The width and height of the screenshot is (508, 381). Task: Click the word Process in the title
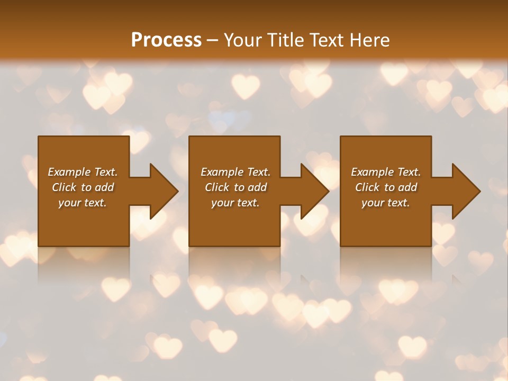click(x=166, y=40)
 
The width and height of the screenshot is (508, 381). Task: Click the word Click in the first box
click(x=64, y=187)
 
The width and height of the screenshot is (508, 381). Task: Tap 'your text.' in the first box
click(x=83, y=203)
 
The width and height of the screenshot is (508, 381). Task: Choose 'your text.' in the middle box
click(x=235, y=203)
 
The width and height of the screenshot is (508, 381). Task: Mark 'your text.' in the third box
click(x=385, y=203)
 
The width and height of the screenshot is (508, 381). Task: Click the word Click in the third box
click(x=367, y=187)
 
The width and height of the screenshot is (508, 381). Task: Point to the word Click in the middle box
click(x=217, y=187)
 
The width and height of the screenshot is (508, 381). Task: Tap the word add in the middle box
click(x=257, y=187)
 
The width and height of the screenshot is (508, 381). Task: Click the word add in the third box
click(x=407, y=187)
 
